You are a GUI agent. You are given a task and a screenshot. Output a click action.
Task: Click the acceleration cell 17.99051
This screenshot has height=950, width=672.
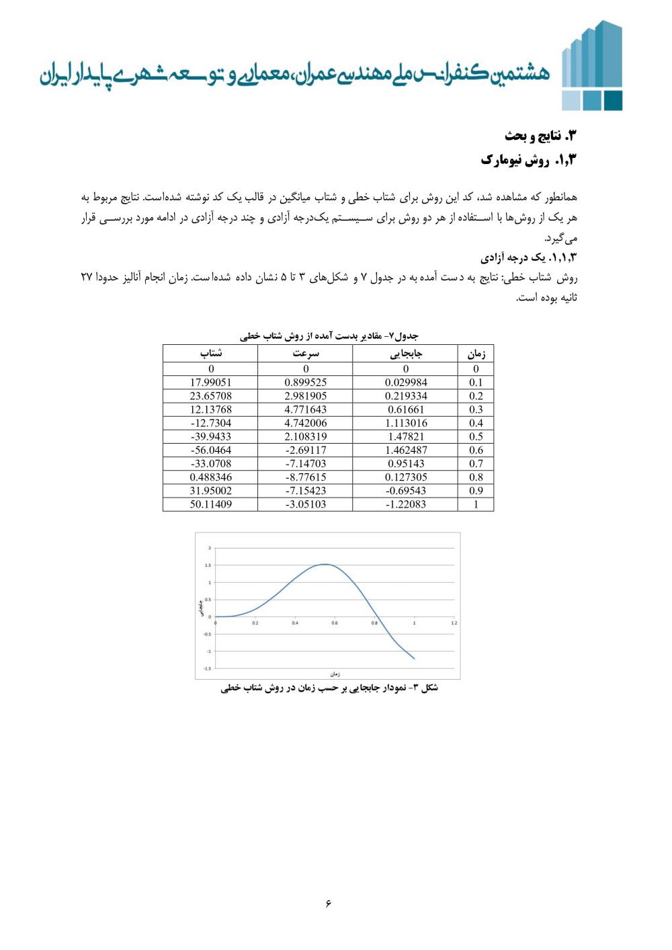tap(210, 383)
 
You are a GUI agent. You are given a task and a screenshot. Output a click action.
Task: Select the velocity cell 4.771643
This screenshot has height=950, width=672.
tap(306, 409)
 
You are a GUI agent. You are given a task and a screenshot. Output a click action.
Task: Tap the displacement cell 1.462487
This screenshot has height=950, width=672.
tap(406, 450)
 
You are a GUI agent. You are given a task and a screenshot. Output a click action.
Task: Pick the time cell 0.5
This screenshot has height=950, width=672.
tap(476, 436)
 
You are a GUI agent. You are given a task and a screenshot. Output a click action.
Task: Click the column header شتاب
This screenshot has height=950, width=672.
tap(210, 354)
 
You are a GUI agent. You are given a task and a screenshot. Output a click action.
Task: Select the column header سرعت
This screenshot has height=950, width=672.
tap(306, 354)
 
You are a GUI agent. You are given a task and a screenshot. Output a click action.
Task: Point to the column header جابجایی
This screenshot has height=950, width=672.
tap(406, 354)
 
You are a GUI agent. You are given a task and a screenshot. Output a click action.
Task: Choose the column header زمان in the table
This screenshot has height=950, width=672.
tap(476, 354)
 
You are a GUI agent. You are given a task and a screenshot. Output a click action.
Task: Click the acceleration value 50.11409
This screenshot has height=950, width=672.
tap(210, 504)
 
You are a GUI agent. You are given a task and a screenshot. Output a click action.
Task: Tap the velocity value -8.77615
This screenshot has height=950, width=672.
tap(306, 477)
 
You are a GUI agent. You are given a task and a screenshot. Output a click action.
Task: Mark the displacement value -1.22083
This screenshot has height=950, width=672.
tap(406, 504)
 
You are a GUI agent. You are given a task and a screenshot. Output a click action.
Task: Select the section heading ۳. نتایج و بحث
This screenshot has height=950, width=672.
tap(540, 136)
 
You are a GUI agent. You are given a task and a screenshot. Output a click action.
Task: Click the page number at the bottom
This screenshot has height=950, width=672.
tap(329, 902)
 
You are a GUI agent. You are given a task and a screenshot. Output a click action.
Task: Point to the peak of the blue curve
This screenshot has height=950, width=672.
tap(325, 564)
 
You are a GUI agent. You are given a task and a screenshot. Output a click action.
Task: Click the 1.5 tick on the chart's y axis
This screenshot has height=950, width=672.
tap(208, 565)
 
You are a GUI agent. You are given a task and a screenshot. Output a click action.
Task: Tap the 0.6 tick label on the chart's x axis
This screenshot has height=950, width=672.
tap(335, 623)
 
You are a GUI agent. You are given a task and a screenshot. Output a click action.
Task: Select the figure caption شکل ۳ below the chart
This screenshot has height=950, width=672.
tap(329, 688)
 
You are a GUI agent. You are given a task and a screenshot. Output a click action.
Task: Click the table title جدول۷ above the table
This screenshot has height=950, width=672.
tap(329, 335)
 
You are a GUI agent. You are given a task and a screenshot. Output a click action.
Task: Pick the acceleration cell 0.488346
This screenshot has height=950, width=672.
tap(210, 477)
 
